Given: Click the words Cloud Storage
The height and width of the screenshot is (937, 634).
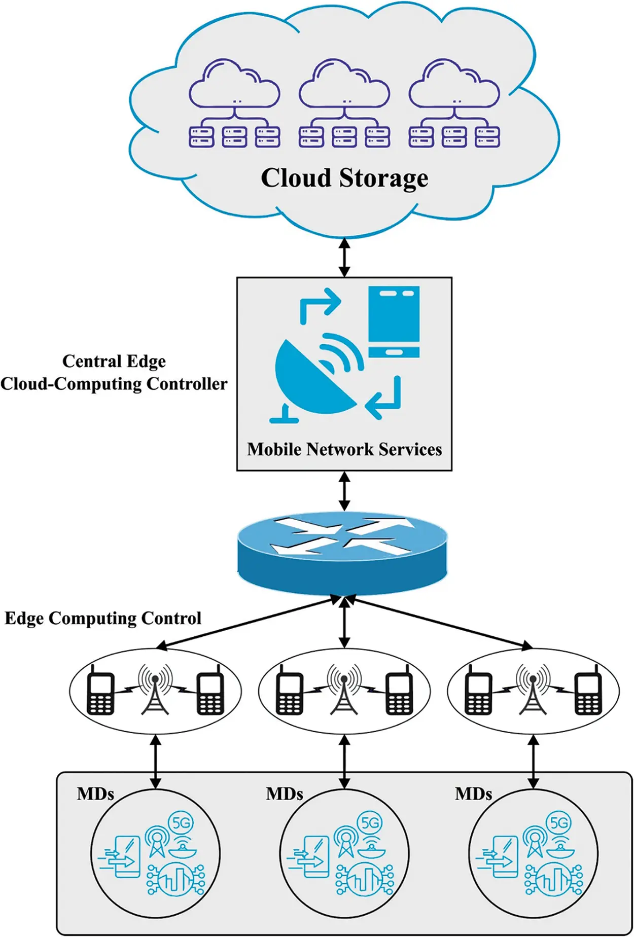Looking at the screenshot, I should tap(344, 178).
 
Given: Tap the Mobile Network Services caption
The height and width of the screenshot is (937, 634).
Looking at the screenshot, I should tap(344, 449).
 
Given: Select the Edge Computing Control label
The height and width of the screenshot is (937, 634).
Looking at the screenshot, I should tap(103, 618).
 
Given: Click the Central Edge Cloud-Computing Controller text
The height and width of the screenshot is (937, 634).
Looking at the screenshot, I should tap(114, 373).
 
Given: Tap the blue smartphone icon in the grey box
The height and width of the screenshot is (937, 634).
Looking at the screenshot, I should tap(394, 322).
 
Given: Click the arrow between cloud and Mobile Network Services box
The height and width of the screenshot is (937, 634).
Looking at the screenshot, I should tap(344, 258).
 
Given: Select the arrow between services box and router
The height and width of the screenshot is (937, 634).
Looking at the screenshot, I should tap(344, 491).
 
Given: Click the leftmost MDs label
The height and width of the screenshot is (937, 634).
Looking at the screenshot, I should tap(95, 794).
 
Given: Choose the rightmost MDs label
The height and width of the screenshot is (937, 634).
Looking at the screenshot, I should tap(473, 794).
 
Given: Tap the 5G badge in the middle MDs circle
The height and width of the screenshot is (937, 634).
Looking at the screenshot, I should tap(370, 823).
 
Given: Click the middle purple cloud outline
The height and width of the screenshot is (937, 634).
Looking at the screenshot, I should tap(344, 84).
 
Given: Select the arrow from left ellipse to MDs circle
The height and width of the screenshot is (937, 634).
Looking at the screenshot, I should tap(156, 762).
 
